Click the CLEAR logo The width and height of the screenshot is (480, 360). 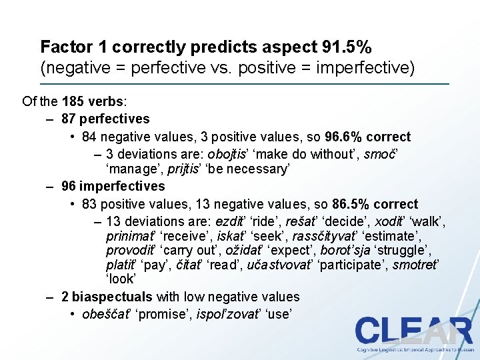click(413, 331)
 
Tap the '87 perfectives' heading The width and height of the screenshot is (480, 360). click(105, 119)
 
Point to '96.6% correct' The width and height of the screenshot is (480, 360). click(369, 137)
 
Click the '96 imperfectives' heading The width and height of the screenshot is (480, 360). click(113, 187)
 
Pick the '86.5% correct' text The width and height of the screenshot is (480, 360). click(377, 204)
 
